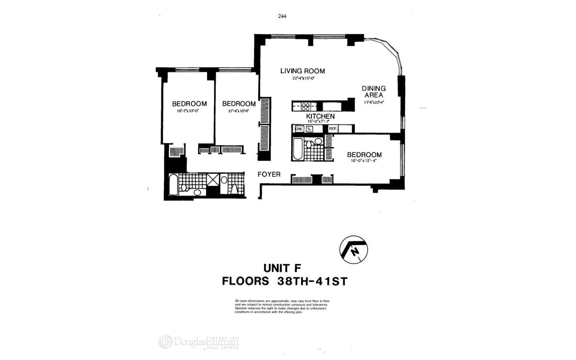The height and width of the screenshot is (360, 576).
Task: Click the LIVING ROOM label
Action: point(302,71)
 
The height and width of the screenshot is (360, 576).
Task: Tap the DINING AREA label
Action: point(373,91)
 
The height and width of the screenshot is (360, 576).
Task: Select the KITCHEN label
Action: point(320,116)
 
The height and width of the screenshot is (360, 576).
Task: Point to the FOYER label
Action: point(269,174)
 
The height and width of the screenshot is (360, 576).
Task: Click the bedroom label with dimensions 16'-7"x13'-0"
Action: point(189,104)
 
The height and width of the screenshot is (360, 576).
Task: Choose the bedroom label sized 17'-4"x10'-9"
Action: point(239,104)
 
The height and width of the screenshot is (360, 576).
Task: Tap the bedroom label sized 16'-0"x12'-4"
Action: point(364,155)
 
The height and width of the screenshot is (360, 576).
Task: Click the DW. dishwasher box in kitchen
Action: point(299,129)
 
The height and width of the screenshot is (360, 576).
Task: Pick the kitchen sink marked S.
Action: point(309,129)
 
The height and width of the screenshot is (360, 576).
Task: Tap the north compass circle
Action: point(354,249)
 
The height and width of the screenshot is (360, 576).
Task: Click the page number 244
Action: point(282,16)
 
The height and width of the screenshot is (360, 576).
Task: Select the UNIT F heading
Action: point(282,267)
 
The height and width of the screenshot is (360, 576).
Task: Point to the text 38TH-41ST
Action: point(312,281)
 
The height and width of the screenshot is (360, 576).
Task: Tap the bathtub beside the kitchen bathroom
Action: point(298,149)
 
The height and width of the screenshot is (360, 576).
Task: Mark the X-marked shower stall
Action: point(213,180)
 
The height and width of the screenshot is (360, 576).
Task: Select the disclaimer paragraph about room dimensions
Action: point(282,306)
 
